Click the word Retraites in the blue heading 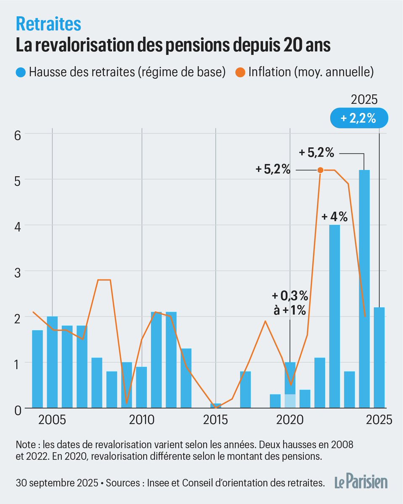(x=48, y=24)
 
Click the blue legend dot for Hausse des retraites (x=21, y=72)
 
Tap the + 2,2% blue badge (x=358, y=118)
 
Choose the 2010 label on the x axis (x=142, y=420)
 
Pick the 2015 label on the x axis (x=216, y=420)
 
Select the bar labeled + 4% (x=335, y=315)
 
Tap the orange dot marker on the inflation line (x=320, y=170)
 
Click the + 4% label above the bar (x=335, y=217)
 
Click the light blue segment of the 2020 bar (x=290, y=401)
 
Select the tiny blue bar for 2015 (x=216, y=405)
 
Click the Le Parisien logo (x=361, y=483)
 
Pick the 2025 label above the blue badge (x=364, y=100)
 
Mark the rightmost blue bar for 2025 (x=379, y=357)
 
